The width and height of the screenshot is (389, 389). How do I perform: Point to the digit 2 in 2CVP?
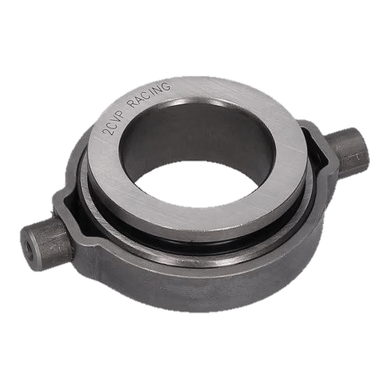[108, 131]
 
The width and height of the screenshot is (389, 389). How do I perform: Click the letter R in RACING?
[134, 103]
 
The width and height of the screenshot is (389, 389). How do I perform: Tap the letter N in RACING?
[159, 89]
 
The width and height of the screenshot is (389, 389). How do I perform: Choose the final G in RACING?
[166, 86]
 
